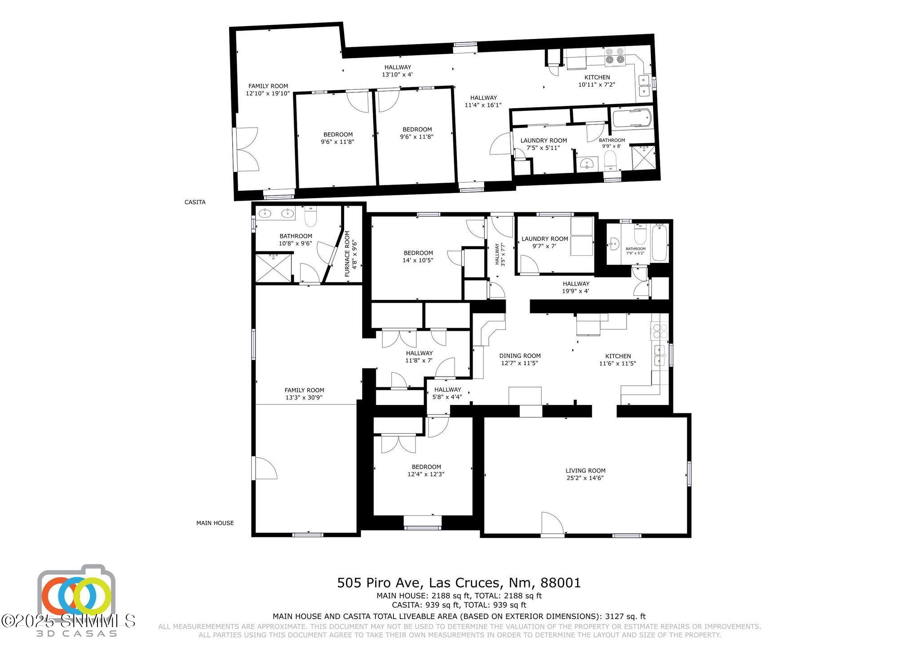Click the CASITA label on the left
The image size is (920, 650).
(195, 202)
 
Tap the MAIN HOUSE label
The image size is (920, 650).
(215, 523)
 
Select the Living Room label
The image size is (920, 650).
(585, 470)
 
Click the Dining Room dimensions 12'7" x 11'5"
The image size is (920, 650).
(520, 363)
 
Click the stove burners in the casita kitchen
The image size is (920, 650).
(615, 56)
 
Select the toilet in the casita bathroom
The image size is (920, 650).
(610, 159)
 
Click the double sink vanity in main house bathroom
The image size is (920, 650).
(275, 213)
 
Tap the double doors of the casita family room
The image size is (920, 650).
(246, 149)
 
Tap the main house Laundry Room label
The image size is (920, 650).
(544, 239)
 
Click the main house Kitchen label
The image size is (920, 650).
(618, 356)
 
